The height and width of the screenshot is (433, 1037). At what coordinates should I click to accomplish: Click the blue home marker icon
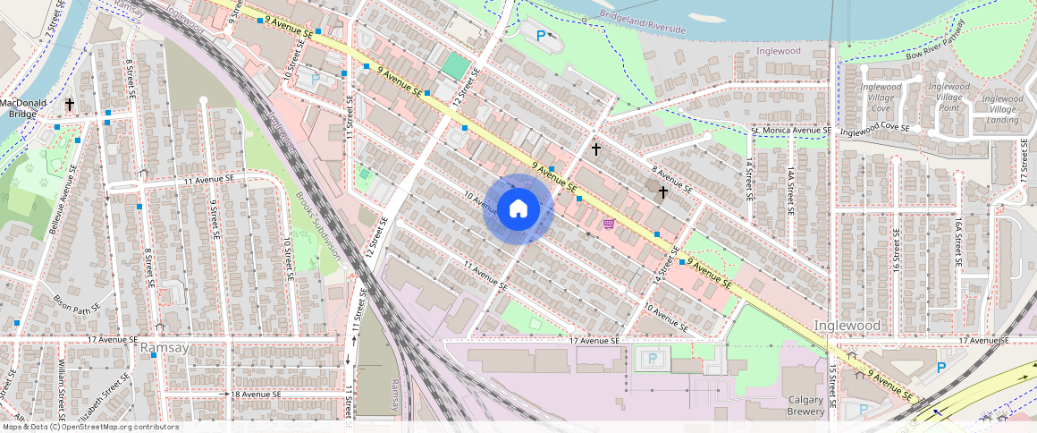point(518,209)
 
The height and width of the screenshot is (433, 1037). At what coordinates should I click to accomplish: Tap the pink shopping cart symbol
point(609,224)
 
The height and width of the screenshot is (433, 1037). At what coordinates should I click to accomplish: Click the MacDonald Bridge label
point(22,108)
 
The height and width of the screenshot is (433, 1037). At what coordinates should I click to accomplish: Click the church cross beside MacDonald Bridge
point(69,105)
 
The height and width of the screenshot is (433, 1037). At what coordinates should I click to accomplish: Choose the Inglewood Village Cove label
point(881,98)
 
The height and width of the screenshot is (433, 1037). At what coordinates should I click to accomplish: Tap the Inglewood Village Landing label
point(1002,108)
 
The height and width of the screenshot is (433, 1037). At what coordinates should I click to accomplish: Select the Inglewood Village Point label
point(948,98)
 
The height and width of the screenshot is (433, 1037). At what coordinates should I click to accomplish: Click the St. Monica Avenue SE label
point(790,131)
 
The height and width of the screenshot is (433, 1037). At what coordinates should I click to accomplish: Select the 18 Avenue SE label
point(257,394)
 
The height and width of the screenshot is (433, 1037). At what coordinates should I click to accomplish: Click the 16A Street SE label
point(957,242)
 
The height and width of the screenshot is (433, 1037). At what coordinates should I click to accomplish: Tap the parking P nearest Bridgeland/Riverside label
point(541,36)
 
